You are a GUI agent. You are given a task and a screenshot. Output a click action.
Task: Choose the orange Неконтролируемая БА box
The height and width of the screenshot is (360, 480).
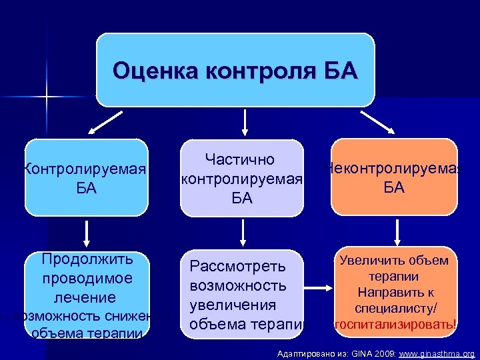pyautogui.click(x=394, y=177)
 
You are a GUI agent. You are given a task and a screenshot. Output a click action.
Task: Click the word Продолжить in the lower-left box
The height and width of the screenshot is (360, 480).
pyautogui.click(x=87, y=259)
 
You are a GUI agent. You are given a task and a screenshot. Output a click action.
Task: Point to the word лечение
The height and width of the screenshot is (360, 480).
pyautogui.click(x=86, y=297)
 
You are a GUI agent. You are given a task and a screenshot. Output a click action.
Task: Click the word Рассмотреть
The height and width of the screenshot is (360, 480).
pyautogui.click(x=238, y=267)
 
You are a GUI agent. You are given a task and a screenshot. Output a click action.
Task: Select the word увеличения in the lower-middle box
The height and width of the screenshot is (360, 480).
pyautogui.click(x=233, y=305)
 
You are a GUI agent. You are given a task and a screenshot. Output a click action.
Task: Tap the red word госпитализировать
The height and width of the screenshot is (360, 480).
pyautogui.click(x=395, y=324)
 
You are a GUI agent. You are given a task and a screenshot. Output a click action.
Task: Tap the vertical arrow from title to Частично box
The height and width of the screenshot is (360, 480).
pyautogui.click(x=245, y=121)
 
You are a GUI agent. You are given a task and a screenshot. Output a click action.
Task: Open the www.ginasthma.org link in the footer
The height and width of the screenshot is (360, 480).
pyautogui.click(x=437, y=353)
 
